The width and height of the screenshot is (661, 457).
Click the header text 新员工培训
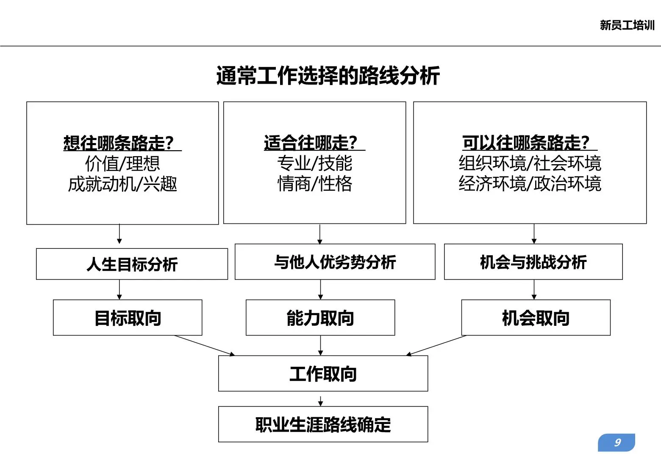[x=627, y=25]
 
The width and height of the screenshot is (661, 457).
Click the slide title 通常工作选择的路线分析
[x=328, y=76]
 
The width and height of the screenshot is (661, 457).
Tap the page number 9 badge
[x=617, y=443]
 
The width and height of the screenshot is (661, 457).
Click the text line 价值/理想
[x=122, y=163]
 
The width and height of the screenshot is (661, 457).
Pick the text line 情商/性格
[x=314, y=184]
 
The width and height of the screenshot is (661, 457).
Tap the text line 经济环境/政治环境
[x=530, y=184]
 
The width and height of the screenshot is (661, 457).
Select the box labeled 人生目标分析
[x=132, y=264]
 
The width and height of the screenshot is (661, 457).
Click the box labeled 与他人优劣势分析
[x=335, y=262]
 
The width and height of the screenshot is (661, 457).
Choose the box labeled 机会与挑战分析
[x=533, y=262]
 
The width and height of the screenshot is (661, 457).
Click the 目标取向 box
[x=128, y=318]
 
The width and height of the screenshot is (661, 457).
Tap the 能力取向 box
[x=320, y=318]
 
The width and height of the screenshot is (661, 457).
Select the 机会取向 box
[x=536, y=318]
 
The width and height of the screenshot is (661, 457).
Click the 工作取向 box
[x=323, y=374]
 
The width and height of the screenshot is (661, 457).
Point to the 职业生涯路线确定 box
[x=323, y=424]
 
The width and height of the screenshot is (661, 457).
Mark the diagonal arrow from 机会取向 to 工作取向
[x=436, y=345]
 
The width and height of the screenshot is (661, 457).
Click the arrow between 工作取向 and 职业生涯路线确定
[x=320, y=401]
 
